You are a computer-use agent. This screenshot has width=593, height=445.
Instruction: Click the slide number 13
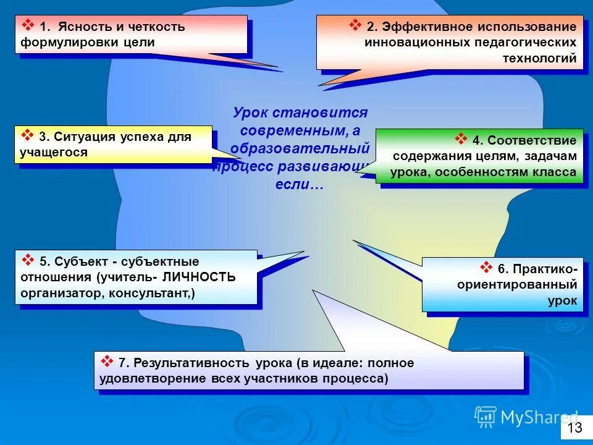coord(574,428)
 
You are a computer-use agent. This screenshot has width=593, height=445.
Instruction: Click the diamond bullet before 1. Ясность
coord(28,25)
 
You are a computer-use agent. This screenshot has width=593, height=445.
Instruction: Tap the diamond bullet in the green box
coord(461,138)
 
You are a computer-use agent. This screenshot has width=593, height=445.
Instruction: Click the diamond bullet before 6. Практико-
coord(486,268)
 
